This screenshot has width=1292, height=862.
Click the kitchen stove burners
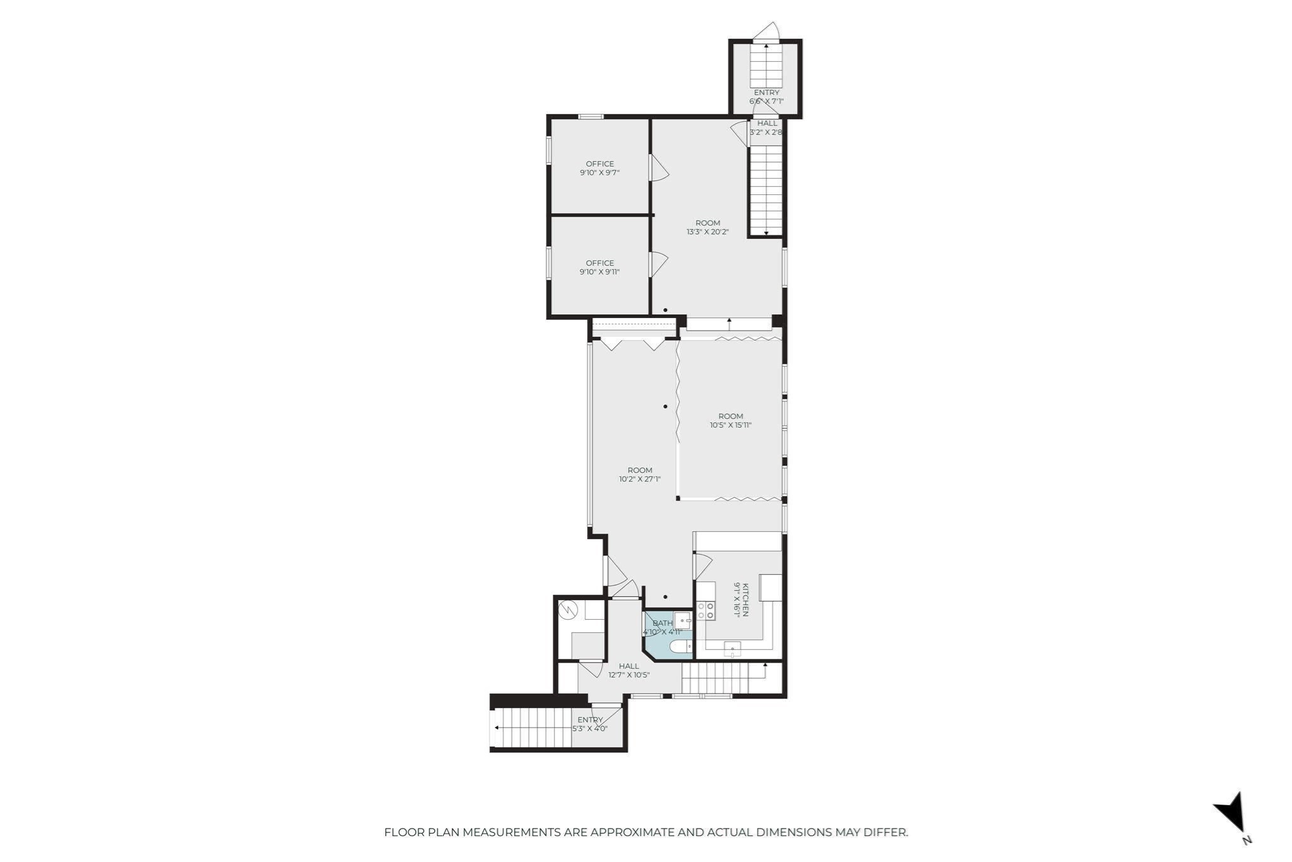click(705, 610)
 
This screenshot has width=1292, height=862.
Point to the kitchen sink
click(732, 648)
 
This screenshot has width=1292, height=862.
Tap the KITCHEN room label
click(745, 600)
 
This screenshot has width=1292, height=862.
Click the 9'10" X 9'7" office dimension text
click(599, 172)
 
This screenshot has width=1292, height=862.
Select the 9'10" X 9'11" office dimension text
click(599, 272)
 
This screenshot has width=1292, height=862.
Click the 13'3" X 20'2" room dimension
click(708, 232)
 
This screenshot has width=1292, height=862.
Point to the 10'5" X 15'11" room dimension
click(731, 425)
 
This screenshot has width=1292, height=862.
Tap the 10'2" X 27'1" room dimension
click(640, 479)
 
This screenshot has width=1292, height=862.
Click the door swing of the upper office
click(659, 168)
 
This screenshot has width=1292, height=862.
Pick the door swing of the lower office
click(659, 264)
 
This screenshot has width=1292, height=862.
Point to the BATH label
click(663, 623)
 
